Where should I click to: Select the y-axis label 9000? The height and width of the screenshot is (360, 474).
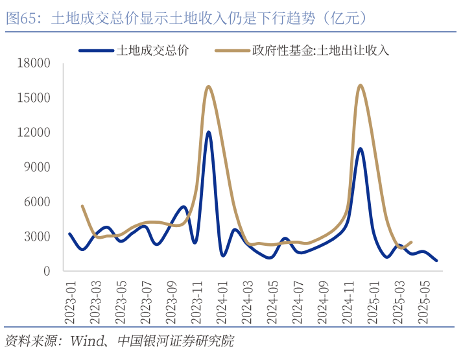40,167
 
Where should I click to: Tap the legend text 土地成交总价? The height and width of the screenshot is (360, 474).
152,50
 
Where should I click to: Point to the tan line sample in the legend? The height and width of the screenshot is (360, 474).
232,50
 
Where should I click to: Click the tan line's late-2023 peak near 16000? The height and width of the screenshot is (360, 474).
208,86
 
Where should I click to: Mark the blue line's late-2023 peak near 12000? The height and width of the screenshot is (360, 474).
208,132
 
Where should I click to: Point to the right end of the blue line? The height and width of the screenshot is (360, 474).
436,260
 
